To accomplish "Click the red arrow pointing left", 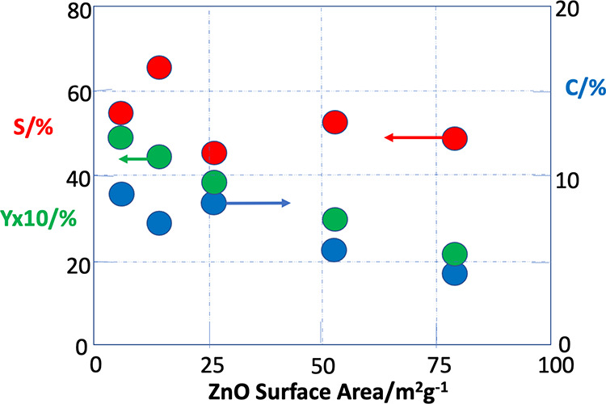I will (412, 138).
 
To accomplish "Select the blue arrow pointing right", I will (259, 203).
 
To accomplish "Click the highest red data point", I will (159, 68).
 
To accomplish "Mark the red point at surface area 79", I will (455, 139).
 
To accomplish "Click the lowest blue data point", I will (455, 274).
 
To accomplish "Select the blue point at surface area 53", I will (334, 250).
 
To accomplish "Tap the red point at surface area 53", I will (335, 122).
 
